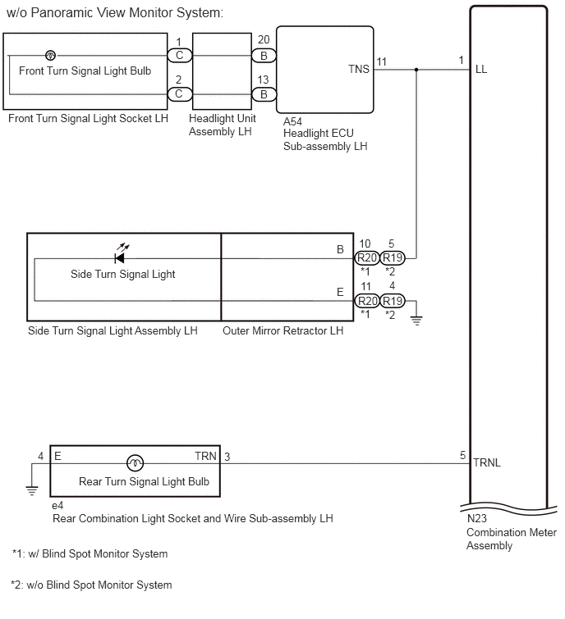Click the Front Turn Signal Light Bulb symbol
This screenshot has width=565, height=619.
pos(50,55)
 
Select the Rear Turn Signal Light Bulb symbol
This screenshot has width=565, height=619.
pos(135,463)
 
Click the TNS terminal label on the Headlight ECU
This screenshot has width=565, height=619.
pos(359,69)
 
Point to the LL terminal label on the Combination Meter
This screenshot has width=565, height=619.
pos(481,70)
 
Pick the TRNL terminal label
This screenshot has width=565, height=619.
pos(487,462)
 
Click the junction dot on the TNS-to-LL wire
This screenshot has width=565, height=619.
pos(416,70)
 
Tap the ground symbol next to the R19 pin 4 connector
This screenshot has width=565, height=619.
pos(416,321)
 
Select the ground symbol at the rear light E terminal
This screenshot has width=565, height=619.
pos(32,491)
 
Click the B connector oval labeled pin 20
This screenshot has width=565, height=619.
pos(264,56)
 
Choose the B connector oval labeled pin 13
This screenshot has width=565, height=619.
pos(264,94)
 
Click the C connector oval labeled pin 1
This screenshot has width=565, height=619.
pos(180,55)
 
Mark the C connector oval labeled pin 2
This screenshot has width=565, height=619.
pos(180,94)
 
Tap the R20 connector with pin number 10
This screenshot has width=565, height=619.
pos(367,258)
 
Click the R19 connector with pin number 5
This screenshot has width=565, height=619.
pos(393,258)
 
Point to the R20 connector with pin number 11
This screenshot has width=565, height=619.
pos(367,301)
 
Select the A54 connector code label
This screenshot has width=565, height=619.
pos(292,121)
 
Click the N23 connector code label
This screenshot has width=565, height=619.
pos(477,518)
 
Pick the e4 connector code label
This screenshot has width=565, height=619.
pos(57,506)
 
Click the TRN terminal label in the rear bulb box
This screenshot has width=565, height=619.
pos(205,456)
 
